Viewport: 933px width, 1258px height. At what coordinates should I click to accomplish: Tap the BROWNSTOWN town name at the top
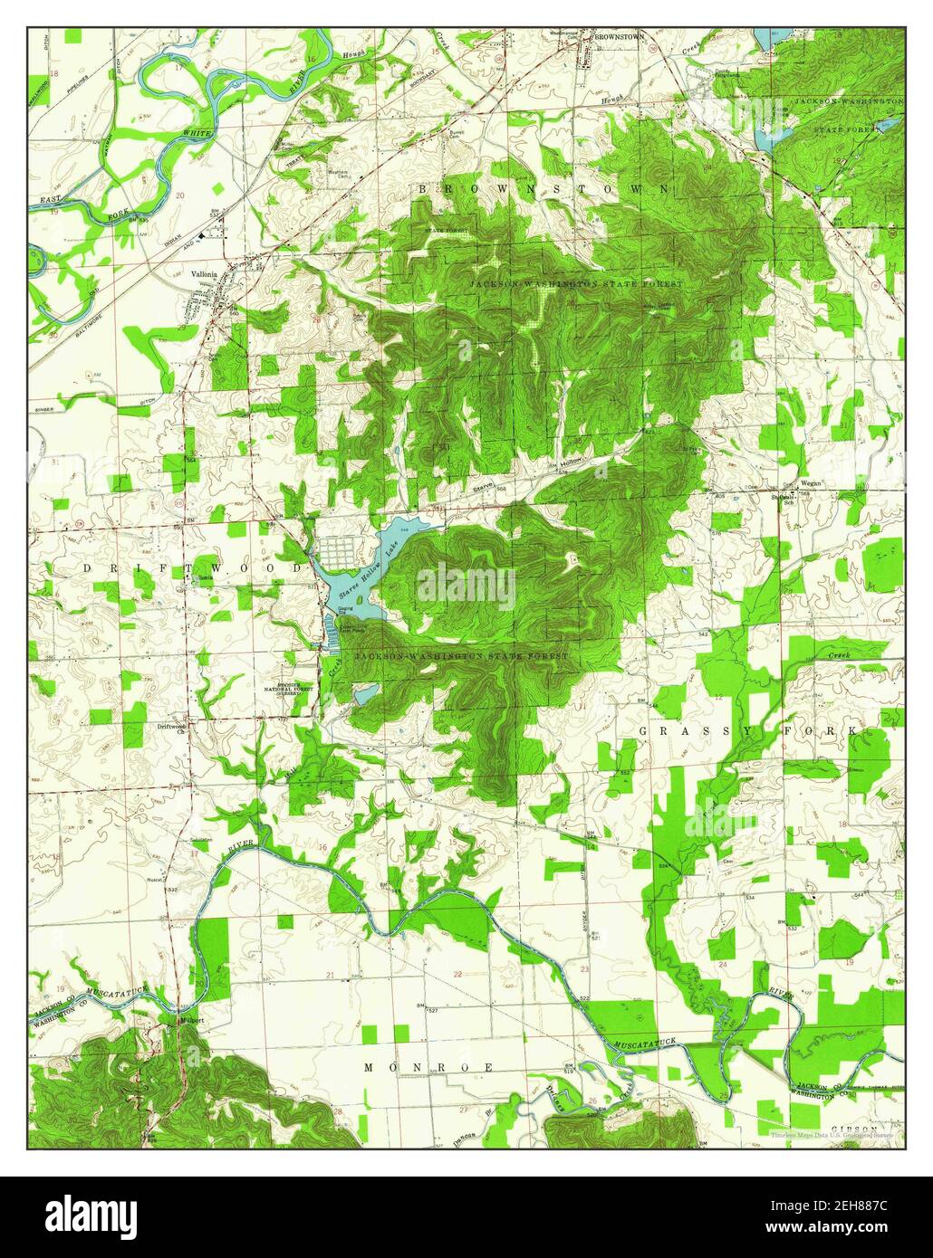(618, 35)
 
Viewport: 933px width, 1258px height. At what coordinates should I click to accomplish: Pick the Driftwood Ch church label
(171, 726)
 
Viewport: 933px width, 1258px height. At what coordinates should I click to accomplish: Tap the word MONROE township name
(429, 1068)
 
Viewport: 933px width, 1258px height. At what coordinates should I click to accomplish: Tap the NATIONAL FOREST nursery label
(301, 689)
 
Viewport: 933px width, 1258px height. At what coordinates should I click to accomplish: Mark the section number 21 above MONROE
(330, 975)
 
